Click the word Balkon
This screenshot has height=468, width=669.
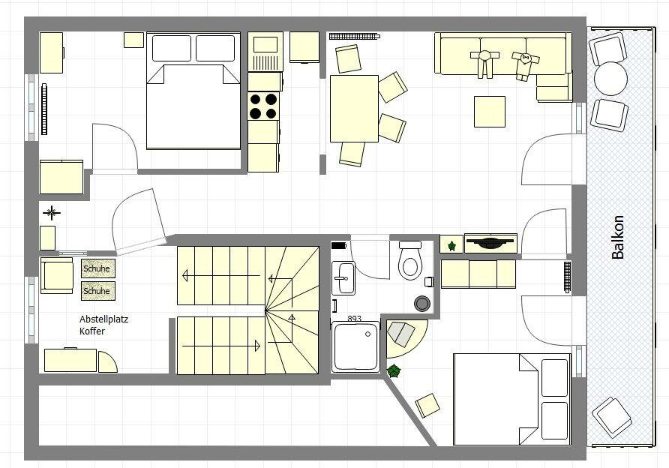(x=617, y=237)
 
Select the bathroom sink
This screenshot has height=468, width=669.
(x=343, y=278)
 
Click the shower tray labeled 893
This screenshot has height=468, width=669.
(x=355, y=346)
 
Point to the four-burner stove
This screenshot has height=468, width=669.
(x=263, y=106)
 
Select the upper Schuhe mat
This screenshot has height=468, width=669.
(x=97, y=268)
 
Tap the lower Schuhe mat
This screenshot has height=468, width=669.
(x=97, y=291)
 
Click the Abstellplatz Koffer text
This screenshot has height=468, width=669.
(x=103, y=325)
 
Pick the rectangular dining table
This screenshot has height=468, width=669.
(x=354, y=109)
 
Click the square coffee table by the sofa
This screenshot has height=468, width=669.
(x=490, y=112)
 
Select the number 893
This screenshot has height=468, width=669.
(x=354, y=318)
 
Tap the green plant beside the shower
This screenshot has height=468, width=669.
(x=394, y=370)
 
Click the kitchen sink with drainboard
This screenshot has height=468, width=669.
(x=265, y=52)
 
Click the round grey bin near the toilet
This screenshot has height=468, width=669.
(x=422, y=303)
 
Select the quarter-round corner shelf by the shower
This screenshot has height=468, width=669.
(x=403, y=337)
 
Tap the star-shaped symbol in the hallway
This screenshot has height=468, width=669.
(x=51, y=212)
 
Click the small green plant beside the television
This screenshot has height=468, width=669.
(x=451, y=246)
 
